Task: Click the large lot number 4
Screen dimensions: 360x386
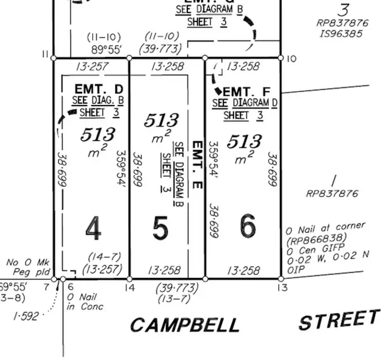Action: [x=93, y=228]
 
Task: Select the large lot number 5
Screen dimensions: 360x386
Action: [x=161, y=228]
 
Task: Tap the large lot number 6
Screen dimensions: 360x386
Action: [x=248, y=226]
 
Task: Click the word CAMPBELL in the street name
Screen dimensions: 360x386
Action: [x=185, y=325]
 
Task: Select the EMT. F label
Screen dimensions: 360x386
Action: [x=244, y=91]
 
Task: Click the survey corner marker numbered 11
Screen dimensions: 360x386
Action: [x=54, y=58]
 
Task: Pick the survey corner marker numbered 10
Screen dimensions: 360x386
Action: [x=281, y=58]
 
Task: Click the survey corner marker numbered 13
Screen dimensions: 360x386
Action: [x=281, y=279]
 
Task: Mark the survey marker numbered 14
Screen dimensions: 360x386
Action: [x=129, y=279]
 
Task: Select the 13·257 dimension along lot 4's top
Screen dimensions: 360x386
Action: [x=91, y=66]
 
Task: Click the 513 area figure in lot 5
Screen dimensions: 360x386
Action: [x=161, y=121]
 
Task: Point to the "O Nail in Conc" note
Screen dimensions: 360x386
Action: [x=85, y=302]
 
